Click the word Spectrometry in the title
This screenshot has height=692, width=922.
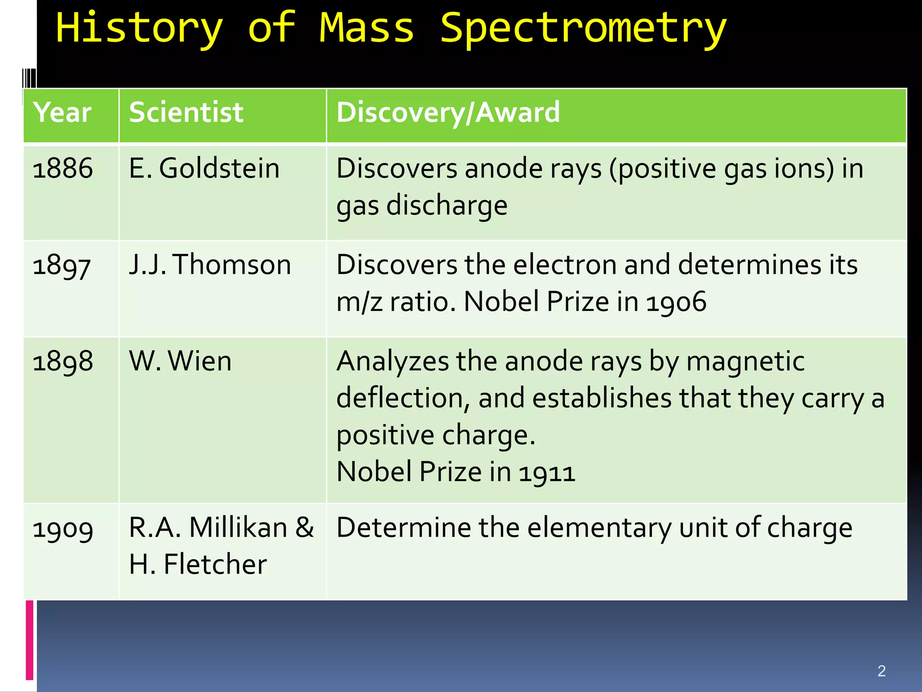[x=583, y=28]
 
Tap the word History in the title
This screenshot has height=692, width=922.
[x=139, y=28]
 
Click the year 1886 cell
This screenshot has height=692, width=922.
[x=63, y=168]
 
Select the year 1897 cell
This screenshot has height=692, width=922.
[x=62, y=265]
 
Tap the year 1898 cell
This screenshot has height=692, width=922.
[x=63, y=361]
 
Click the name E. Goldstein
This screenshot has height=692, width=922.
[x=204, y=168]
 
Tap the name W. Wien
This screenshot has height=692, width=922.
[x=180, y=361]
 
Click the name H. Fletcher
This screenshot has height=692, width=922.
[x=198, y=564]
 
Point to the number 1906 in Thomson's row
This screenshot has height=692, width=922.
[x=676, y=302]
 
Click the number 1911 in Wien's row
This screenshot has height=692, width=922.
[x=547, y=473]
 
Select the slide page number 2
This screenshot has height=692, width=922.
[x=881, y=671]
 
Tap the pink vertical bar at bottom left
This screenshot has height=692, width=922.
[x=30, y=640]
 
